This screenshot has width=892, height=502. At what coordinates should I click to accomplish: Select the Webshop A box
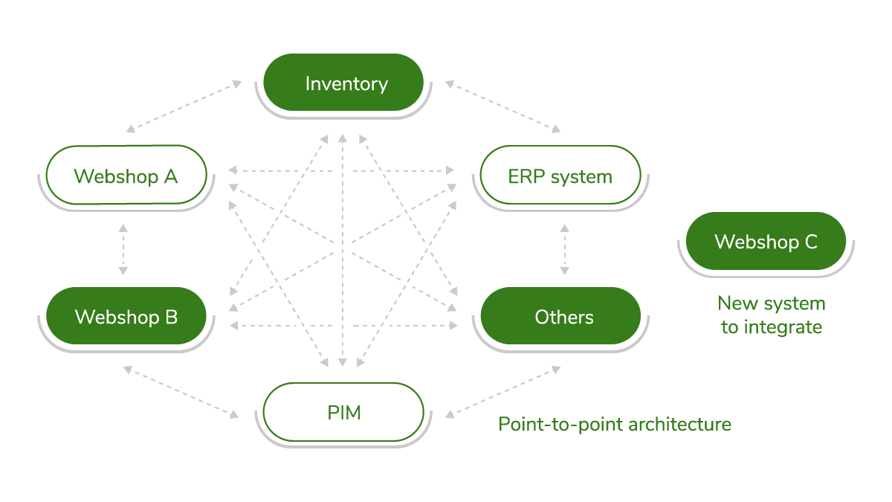click(126, 176)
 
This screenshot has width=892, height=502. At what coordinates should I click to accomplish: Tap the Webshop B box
click(126, 317)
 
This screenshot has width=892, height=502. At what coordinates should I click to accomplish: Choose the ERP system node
click(560, 176)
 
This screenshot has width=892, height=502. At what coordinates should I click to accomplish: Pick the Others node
click(560, 317)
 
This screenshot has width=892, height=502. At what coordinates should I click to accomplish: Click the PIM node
click(343, 412)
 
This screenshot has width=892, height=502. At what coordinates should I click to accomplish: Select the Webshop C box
click(766, 242)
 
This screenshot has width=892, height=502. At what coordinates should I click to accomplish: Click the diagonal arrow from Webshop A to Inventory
click(184, 107)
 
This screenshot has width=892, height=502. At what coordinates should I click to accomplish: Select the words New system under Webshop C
click(772, 303)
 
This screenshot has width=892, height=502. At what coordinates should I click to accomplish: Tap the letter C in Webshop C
click(810, 242)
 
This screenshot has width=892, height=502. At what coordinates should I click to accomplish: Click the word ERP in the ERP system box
click(524, 177)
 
